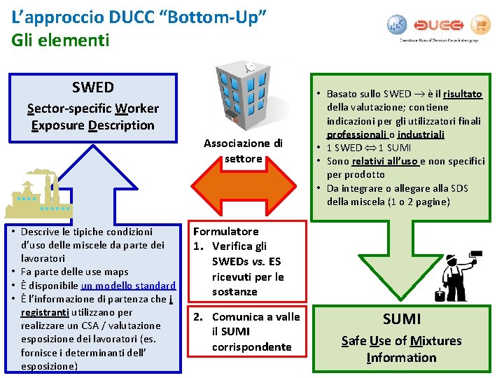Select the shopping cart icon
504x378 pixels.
click(x=479, y=25)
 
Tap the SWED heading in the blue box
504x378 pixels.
click(x=92, y=87)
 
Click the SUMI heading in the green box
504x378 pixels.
click(x=401, y=319)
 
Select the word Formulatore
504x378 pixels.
click(x=226, y=231)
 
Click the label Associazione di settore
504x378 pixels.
click(x=243, y=150)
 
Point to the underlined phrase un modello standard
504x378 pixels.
click(x=128, y=286)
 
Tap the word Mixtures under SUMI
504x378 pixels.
click(x=435, y=341)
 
